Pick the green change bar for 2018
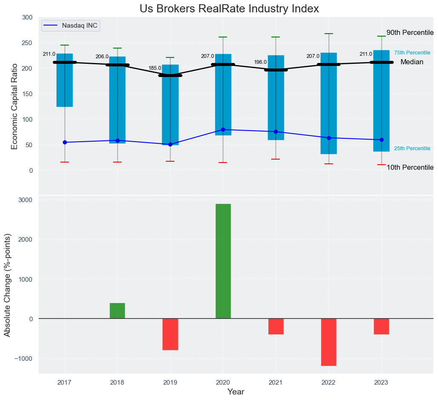pyautogui.click(x=117, y=311)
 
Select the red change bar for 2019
pyautogui.click(x=170, y=334)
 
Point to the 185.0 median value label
pyautogui.click(x=155, y=68)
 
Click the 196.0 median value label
pyautogui.click(x=260, y=62)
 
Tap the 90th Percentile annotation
pyautogui.click(x=410, y=33)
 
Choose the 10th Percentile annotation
pyautogui.click(x=410, y=168)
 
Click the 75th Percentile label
pyautogui.click(x=412, y=53)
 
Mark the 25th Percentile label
pyautogui.click(x=412, y=149)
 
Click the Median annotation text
pyautogui.click(x=412, y=62)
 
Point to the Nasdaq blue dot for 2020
pyautogui.click(x=223, y=129)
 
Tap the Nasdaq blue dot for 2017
pyautogui.click(x=65, y=142)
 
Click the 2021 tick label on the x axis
pyautogui.click(x=276, y=383)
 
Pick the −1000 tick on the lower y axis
pyautogui.click(x=24, y=358)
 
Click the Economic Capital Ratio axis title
pyautogui.click(x=14, y=106)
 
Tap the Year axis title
pyautogui.click(x=236, y=392)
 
